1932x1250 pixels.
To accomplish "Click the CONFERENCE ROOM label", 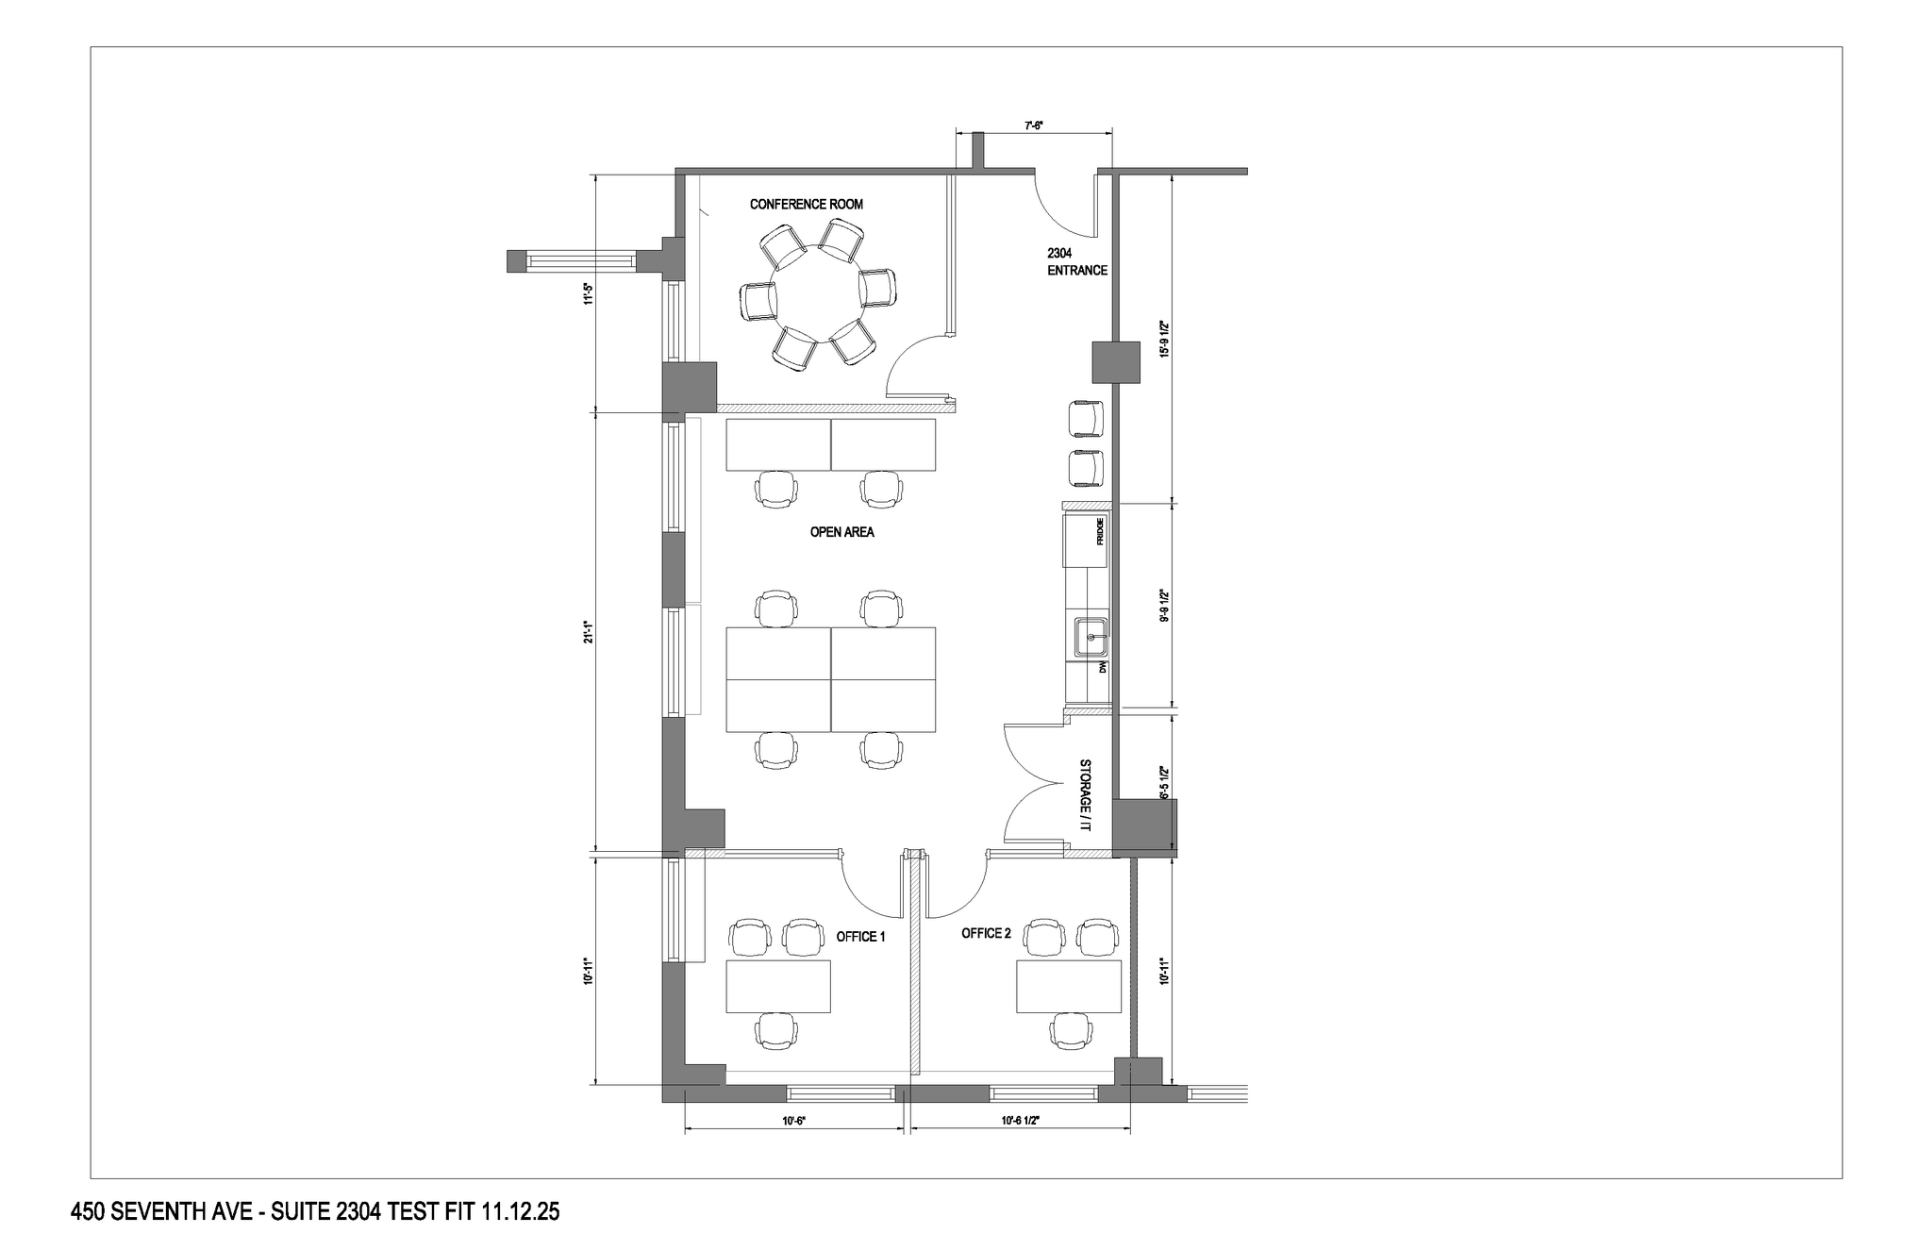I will coord(806,204).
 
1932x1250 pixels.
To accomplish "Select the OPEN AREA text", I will coord(841,532).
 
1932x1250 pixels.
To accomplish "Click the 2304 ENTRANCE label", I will coord(1076,261).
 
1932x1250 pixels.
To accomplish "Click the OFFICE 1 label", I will coord(860,937).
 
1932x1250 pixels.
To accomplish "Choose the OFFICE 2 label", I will coord(986,933).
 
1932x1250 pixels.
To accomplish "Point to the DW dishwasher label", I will coord(1101,667).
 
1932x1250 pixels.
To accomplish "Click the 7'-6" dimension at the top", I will coord(1033,125).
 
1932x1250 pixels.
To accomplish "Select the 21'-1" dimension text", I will coord(587,632).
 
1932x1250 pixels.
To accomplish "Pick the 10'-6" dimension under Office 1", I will coord(793,1121).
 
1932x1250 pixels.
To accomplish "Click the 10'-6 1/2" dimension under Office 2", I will coord(1019,1121).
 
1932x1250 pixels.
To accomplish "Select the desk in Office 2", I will coord(1068,986).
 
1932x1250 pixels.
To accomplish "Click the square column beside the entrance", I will coord(1115,362).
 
